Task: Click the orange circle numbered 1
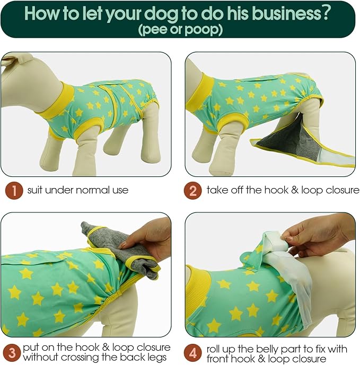pyautogui.click(x=14, y=190)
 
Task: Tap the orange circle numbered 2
pyautogui.click(x=192, y=190)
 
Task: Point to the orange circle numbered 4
pyautogui.click(x=192, y=353)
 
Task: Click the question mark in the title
pyautogui.click(x=324, y=13)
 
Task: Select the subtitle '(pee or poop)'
pyautogui.click(x=180, y=30)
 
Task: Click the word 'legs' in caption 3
pyautogui.click(x=156, y=358)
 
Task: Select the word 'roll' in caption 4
pyautogui.click(x=213, y=349)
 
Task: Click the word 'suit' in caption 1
pyautogui.click(x=35, y=190)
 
